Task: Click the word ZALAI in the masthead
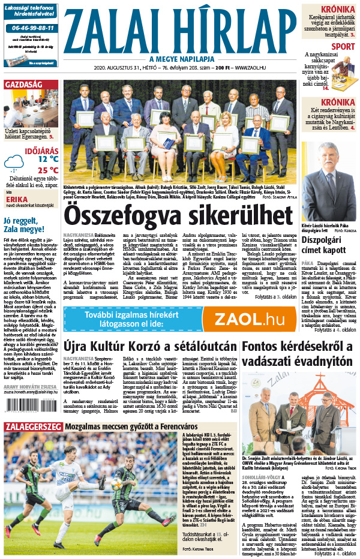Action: pos(113,29)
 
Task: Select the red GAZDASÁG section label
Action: pos(23,85)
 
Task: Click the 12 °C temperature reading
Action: pos(48,160)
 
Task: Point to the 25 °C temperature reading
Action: pos(48,170)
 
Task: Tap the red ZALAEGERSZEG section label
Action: pos(32,427)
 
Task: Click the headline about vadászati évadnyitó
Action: pos(297,354)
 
